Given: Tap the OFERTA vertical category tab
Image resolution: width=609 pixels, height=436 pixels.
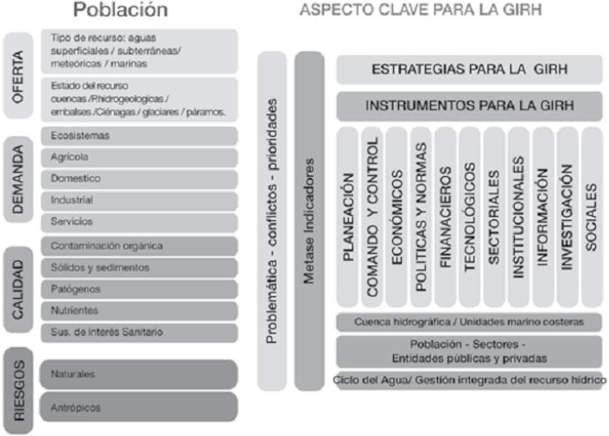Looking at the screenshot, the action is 18,75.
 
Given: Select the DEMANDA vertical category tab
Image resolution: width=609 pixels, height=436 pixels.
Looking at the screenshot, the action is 18,180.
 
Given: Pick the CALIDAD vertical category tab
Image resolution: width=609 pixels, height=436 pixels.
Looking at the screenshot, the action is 18,288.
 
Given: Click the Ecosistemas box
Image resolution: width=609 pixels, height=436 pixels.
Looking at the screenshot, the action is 138,136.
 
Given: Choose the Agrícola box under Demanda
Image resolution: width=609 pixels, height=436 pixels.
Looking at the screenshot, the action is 138,158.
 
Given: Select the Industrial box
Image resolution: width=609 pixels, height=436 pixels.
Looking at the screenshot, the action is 138,200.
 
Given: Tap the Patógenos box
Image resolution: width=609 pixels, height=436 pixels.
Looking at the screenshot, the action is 138,289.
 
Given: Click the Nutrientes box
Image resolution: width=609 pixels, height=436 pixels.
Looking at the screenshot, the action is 138,310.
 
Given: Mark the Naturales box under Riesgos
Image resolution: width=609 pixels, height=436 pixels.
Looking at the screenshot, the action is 138,375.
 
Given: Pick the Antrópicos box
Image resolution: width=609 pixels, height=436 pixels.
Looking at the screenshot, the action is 138,408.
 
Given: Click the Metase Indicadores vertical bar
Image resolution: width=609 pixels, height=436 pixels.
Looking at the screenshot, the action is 309,220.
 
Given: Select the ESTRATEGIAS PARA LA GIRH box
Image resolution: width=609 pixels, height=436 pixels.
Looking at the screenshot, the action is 469,70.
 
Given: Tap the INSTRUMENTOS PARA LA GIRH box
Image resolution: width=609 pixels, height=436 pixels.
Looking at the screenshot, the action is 469,107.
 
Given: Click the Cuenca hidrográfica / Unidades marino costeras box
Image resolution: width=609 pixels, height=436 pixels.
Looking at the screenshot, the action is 469,322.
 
